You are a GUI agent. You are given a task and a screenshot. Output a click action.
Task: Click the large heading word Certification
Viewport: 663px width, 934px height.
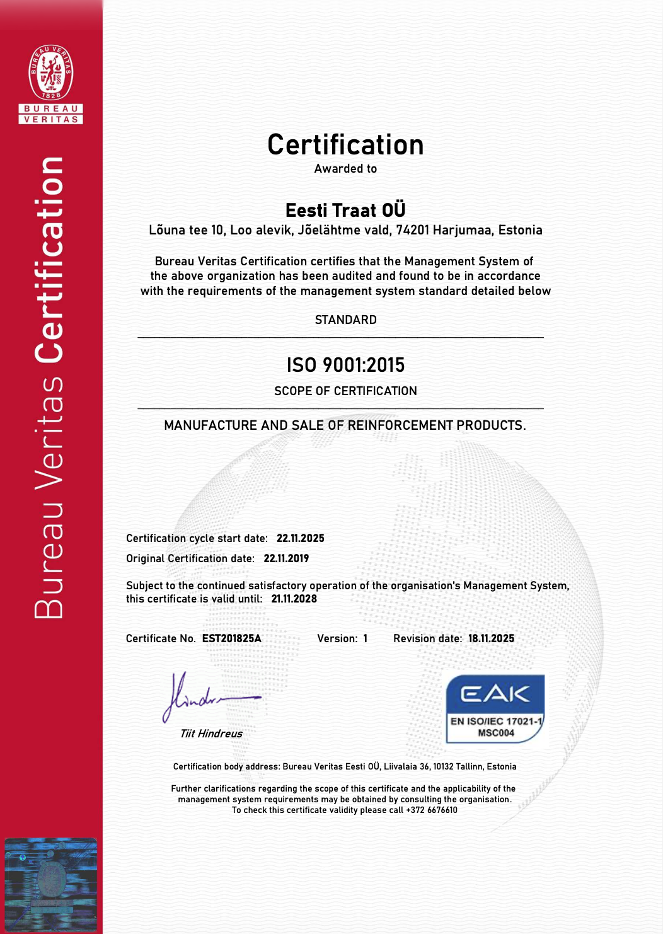coord(345,145)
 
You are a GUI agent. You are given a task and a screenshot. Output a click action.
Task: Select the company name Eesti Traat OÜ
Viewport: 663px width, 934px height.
coord(345,210)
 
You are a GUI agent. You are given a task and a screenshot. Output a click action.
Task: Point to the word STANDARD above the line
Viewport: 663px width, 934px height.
coord(345,320)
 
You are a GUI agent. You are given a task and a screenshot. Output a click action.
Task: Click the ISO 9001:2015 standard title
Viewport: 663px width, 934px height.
coord(345,365)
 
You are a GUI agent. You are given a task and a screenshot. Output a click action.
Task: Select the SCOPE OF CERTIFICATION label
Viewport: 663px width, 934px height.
coord(345,391)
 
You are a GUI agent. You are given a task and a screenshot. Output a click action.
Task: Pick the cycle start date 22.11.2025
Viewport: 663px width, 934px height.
coord(301,538)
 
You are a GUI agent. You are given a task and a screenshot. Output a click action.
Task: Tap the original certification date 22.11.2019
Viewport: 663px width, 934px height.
coord(286,558)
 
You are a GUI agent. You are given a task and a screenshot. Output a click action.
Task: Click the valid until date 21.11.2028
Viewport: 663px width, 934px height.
coord(294,599)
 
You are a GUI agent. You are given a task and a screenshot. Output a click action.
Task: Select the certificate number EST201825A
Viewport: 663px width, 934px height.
coord(231,638)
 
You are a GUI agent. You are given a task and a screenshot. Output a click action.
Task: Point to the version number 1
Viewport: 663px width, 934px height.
coord(365,638)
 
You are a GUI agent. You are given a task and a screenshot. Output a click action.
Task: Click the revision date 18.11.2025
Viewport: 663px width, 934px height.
coord(491,638)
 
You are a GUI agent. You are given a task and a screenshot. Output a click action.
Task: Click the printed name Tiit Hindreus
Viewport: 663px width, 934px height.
coord(211,734)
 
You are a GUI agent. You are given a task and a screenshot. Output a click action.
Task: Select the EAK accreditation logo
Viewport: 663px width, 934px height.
coord(495,708)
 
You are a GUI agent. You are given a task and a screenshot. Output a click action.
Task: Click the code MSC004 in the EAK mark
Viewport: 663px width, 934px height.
coord(496,733)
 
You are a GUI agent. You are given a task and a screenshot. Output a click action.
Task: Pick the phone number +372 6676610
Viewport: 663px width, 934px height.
coord(432,810)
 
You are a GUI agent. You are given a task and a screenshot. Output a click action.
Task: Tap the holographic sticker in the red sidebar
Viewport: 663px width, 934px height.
coord(50,884)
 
